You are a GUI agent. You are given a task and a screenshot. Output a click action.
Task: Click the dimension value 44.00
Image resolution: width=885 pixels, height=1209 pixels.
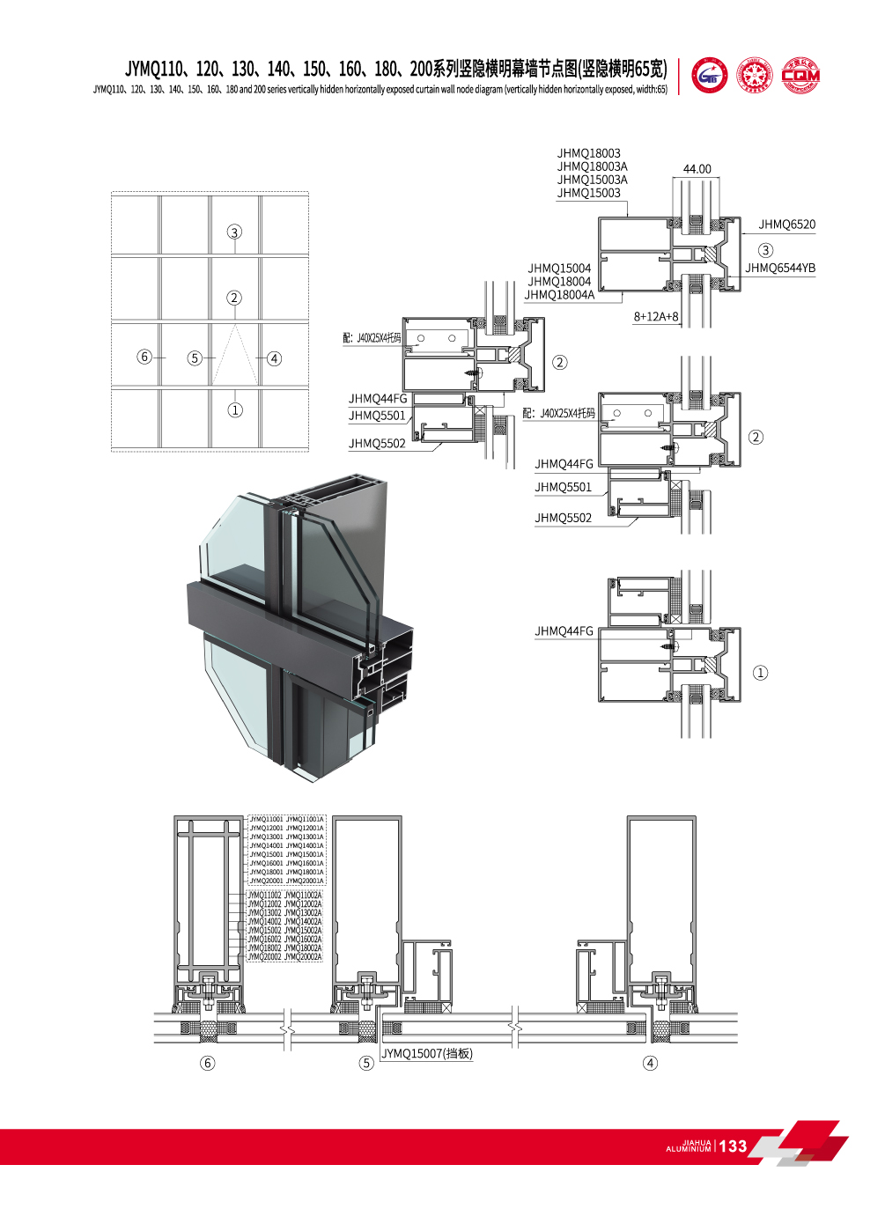[x=697, y=169]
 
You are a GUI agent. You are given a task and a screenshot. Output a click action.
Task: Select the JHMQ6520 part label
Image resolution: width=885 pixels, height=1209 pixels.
[x=786, y=225]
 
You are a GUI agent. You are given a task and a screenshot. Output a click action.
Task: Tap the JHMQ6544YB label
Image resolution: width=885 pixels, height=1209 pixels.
[x=780, y=269]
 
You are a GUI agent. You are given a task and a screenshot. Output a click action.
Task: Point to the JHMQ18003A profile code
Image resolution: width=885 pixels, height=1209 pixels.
[x=592, y=166]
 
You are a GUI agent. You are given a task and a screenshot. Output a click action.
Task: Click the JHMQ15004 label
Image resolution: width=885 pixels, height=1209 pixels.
[x=559, y=269]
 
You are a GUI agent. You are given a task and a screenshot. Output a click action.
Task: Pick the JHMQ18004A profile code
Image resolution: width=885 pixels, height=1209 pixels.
[x=559, y=295]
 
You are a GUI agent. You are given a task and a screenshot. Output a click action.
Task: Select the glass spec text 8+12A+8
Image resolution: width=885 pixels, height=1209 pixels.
[x=656, y=317]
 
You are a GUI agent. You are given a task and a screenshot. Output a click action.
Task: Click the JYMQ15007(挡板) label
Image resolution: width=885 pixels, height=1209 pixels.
[x=427, y=1054]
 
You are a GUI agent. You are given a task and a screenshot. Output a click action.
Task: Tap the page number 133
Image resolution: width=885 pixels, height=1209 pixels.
[x=733, y=1146]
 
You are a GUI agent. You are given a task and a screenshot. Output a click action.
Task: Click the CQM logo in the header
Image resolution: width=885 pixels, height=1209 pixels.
[x=800, y=77]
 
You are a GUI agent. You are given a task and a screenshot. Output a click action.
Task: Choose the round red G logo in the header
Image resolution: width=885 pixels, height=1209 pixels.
[x=710, y=77]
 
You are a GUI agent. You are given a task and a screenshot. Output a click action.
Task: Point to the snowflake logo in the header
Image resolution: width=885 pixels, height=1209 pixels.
[x=755, y=77]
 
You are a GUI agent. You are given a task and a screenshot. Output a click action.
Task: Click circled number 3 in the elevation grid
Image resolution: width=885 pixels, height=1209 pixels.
[x=234, y=232]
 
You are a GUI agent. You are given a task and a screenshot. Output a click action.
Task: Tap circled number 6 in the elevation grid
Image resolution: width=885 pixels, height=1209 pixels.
[x=144, y=357]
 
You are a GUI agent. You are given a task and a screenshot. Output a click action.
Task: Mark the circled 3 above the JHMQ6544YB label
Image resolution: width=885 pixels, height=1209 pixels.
[x=765, y=250]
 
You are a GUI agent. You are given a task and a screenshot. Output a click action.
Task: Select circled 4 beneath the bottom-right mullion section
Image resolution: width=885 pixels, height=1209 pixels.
[x=650, y=1063]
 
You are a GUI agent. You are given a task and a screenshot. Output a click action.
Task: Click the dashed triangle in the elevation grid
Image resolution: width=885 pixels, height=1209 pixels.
[x=234, y=357]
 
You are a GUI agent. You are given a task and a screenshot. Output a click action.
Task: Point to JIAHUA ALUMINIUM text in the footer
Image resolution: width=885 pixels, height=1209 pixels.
[x=689, y=1146]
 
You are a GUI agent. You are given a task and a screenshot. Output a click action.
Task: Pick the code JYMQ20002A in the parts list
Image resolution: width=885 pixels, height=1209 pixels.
[x=303, y=957]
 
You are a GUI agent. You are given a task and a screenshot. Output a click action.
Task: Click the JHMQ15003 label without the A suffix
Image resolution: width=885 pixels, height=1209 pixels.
[x=588, y=193]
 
